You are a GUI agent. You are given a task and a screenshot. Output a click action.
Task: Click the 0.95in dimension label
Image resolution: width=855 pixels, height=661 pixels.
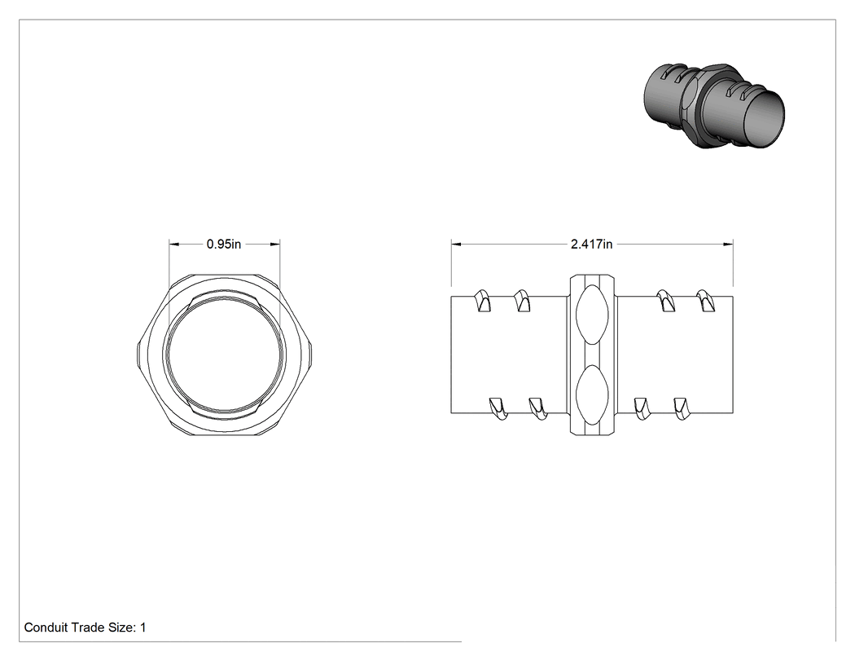click(224, 244)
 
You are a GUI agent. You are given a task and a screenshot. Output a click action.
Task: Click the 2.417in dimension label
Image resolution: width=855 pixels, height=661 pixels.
click(592, 244)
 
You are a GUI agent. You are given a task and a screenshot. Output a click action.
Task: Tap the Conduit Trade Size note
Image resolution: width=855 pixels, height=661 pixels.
click(85, 628)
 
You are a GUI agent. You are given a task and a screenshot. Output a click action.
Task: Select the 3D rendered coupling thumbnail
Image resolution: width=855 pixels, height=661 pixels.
click(714, 107)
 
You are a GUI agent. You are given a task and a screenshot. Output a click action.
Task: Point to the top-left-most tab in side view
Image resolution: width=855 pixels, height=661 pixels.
click(482, 301)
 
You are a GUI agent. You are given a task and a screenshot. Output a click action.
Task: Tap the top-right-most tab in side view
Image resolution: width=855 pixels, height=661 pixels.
click(705, 301)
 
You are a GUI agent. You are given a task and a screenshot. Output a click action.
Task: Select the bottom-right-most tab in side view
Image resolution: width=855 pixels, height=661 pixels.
click(681, 408)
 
